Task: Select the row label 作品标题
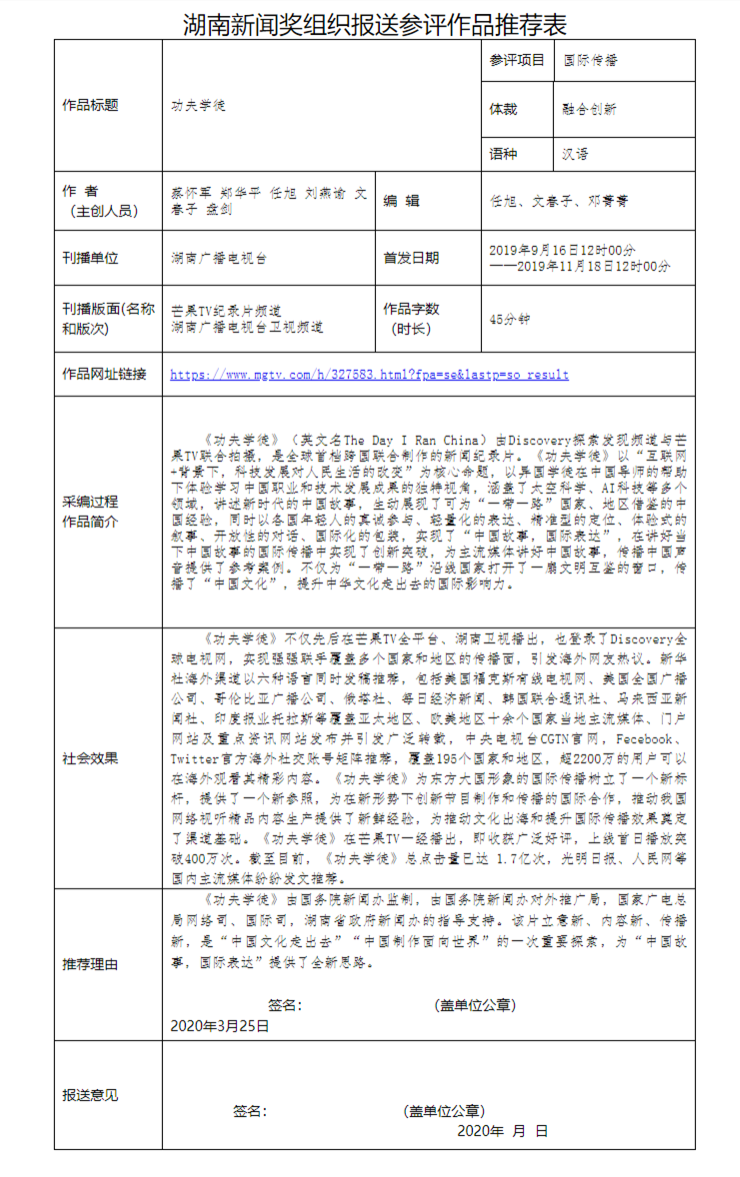pos(90,104)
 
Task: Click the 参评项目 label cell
pos(517,60)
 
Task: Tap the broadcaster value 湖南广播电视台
pos(219,258)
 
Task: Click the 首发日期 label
pos(411,258)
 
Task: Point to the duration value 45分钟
pos(510,319)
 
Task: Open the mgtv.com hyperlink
pos(369,375)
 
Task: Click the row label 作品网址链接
pos(104,374)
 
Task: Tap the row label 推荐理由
pos(90,964)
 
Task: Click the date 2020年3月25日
pos(220,1025)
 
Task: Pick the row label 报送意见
pos(90,1095)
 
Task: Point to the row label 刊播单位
pos(90,258)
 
